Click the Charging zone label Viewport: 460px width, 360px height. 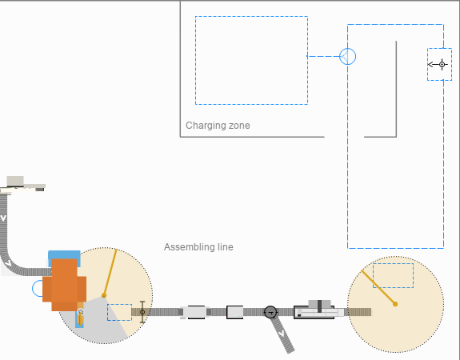tap(218, 126)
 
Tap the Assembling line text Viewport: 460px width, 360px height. tap(198, 247)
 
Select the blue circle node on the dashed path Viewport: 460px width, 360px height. tap(348, 56)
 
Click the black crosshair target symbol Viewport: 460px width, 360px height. tap(442, 64)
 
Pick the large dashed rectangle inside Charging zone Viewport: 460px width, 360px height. tap(251, 17)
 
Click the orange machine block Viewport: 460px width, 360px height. tap(65, 285)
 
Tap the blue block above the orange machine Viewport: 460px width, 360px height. tap(64, 254)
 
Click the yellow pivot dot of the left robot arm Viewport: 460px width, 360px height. tap(104, 295)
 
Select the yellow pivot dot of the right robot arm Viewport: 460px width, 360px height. tap(395, 304)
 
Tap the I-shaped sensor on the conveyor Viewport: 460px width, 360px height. tap(142, 312)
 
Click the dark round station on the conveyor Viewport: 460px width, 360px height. tap(270, 312)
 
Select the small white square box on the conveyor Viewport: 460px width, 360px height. tap(234, 312)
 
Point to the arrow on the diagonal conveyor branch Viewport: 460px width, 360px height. tap(282, 334)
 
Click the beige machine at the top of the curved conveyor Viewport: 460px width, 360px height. tap(23, 185)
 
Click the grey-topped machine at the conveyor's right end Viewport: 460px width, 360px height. tap(319, 310)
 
